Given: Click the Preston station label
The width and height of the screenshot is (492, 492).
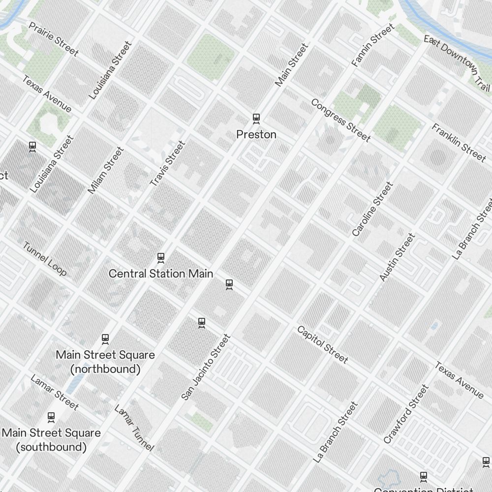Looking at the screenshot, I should [256, 134].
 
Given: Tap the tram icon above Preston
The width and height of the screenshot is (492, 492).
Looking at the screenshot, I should [256, 118].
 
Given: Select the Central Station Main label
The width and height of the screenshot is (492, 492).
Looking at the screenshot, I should [160, 274].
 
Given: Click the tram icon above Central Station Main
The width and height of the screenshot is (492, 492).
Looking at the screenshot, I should [160, 257].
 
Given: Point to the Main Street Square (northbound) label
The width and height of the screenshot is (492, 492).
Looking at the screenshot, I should [105, 362].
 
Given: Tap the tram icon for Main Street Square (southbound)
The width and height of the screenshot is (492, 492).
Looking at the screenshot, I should [51, 417].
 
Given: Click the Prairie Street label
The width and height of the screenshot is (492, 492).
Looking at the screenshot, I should [54, 39].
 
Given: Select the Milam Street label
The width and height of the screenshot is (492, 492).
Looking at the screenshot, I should [106, 170].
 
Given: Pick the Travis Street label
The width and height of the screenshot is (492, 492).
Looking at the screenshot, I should [168, 164].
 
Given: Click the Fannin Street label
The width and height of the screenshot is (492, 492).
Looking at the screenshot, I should [373, 45].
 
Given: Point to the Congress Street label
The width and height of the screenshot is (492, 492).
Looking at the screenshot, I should [340, 120].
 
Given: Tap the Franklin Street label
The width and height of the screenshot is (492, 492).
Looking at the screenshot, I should [459, 143].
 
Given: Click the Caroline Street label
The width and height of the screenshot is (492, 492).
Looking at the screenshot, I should [373, 209].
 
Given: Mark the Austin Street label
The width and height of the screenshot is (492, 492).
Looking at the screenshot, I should [398, 257].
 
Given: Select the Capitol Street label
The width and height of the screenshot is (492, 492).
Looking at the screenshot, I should [322, 345].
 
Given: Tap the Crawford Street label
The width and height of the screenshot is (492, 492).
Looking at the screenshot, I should [406, 414].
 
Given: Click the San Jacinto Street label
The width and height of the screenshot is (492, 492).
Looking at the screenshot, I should [206, 367].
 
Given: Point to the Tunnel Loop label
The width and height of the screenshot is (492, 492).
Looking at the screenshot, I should [45, 259].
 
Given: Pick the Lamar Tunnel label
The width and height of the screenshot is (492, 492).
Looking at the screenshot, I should [134, 428].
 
